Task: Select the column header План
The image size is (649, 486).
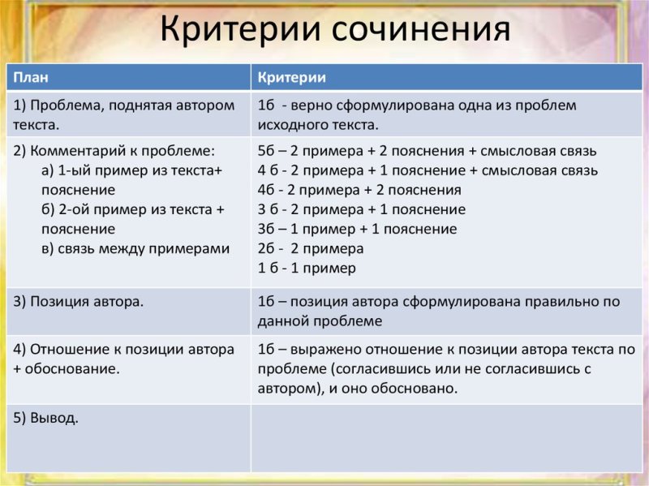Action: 31,78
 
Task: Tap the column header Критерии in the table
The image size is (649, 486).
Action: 291,78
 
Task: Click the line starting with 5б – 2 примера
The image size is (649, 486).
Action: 426,151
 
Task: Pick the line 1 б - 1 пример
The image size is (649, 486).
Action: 307,268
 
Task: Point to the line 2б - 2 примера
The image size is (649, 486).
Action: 310,248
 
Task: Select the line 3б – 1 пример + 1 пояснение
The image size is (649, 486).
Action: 357,229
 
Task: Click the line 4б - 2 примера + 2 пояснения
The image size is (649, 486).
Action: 359,190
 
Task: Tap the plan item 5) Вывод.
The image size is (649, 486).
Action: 45,418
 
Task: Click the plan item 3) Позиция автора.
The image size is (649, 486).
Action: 78,301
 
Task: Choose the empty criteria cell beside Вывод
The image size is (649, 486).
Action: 446,437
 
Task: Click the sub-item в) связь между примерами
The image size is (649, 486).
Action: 135,248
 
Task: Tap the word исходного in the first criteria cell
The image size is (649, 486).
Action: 289,125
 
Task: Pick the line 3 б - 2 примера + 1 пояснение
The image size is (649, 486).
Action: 361,209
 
